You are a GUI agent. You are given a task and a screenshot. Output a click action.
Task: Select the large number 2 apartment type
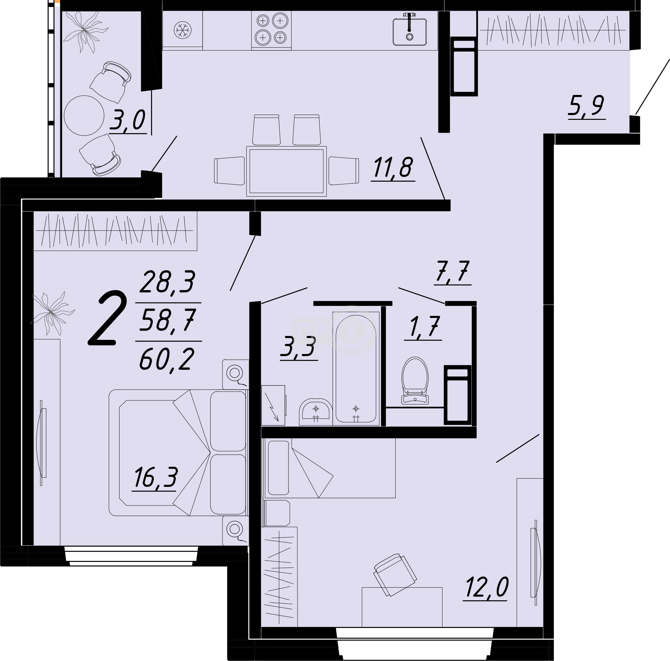pos(107,319)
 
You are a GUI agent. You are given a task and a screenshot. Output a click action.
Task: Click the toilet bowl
pos(415,380)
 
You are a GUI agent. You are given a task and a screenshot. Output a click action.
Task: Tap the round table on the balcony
pos(84,115)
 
